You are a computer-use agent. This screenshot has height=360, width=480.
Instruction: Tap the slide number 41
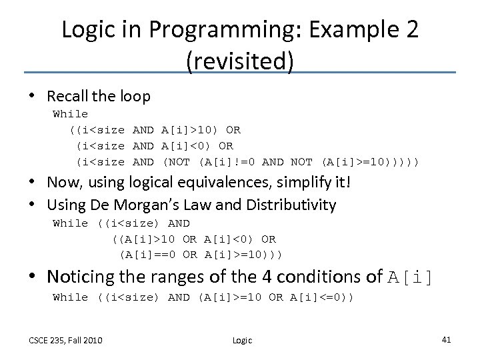pyautogui.click(x=447, y=340)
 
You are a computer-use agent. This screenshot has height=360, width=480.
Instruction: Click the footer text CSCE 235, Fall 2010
pyautogui.click(x=65, y=340)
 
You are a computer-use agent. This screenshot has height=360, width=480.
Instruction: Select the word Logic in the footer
pyautogui.click(x=242, y=341)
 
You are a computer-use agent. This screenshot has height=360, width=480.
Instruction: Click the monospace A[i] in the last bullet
pyautogui.click(x=410, y=276)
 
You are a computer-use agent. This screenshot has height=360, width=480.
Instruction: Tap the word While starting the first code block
pyautogui.click(x=70, y=114)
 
